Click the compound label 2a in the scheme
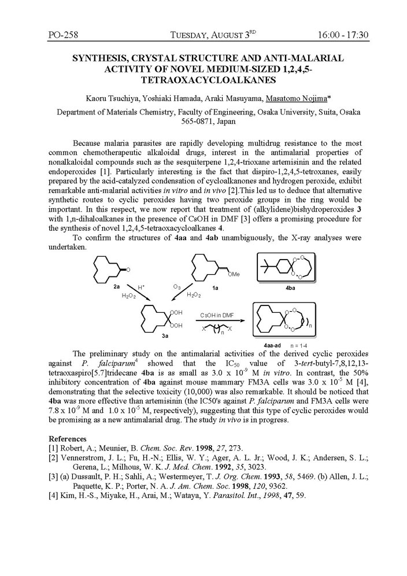117,286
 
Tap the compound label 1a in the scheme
216,286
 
